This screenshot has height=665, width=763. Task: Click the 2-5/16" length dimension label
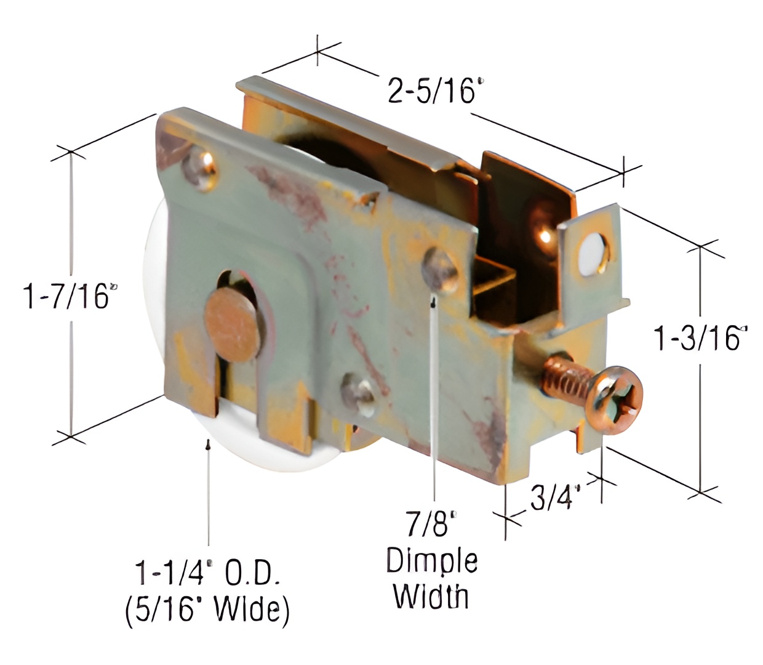point(432,91)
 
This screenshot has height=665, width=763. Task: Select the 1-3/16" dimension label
point(699,337)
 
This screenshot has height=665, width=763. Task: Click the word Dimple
point(432,562)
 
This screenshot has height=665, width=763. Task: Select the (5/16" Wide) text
point(207,610)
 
